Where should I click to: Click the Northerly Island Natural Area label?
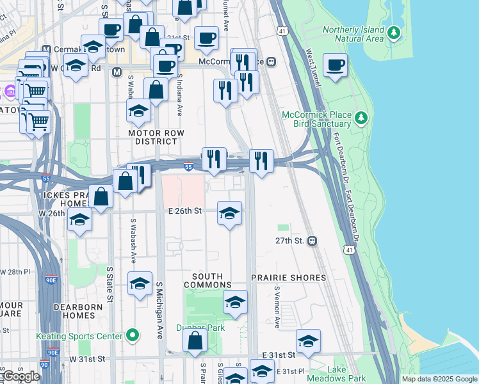tap(354, 34)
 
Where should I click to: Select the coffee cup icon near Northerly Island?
tap(335, 65)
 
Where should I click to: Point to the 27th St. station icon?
tap(313, 241)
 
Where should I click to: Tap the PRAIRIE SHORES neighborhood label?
tap(288, 278)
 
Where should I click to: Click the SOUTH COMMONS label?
tap(207, 280)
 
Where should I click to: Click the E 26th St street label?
tap(185, 210)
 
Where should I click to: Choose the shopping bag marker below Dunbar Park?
tap(195, 341)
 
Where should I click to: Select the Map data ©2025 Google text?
tap(439, 379)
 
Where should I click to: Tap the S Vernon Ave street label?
tap(277, 307)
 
